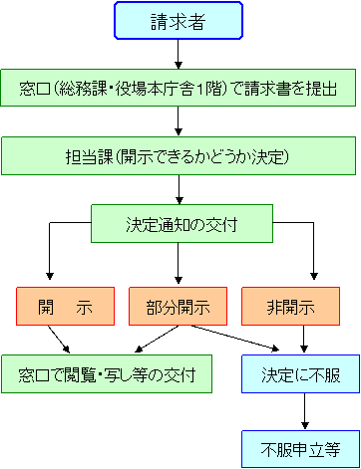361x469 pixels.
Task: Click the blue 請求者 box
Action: tap(179, 21)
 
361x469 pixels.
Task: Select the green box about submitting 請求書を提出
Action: tap(179, 89)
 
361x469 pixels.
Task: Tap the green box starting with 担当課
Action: tap(179, 156)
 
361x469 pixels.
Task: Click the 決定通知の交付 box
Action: tap(181, 223)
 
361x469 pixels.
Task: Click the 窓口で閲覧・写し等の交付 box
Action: tap(107, 375)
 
